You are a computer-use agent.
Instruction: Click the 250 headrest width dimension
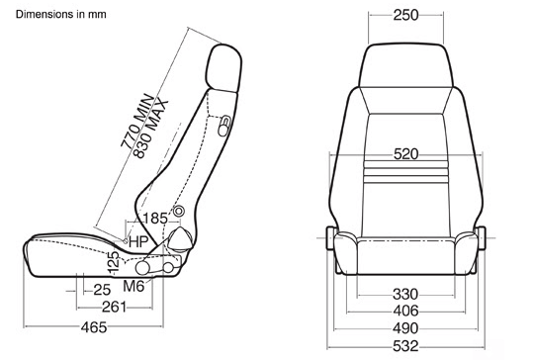(405, 15)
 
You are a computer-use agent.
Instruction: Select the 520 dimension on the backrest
(405, 154)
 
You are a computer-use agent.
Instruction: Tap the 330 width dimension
(405, 294)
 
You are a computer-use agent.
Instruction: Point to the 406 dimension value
(405, 311)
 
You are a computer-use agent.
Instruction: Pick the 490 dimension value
(405, 328)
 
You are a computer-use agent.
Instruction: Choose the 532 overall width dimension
(405, 346)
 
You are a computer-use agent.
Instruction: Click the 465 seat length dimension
(94, 327)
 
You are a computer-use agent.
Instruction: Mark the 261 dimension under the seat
(114, 308)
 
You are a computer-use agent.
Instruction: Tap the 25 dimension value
(102, 290)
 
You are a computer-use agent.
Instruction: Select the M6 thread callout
(133, 286)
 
